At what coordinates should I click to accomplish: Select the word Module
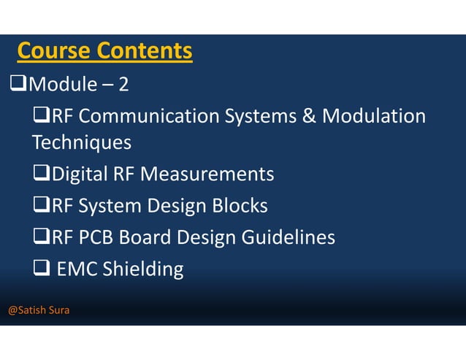[62, 85]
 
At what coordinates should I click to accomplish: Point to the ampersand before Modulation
[306, 116]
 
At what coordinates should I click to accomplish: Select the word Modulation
[374, 116]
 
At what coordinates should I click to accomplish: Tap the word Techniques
[82, 142]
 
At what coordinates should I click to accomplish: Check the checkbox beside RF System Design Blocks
[41, 206]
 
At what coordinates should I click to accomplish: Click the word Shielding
[143, 269]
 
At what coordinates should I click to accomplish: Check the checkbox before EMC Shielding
[41, 269]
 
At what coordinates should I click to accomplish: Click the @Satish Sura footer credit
[39, 310]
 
